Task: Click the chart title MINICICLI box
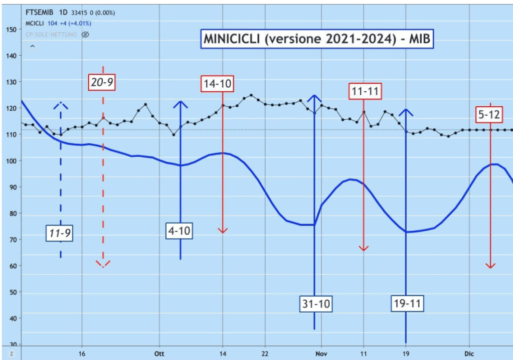tap(316, 39)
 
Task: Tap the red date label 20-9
tap(102, 82)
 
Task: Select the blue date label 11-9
tap(60, 233)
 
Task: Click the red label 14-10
tap(217, 84)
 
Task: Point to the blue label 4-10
tap(180, 231)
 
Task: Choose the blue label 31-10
tap(315, 303)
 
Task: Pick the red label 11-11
tap(365, 91)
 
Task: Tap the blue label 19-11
tap(407, 303)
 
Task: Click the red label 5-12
tap(489, 114)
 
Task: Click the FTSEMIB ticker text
tap(39, 13)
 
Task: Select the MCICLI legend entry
tap(36, 24)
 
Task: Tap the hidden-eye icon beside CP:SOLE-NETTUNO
tap(85, 35)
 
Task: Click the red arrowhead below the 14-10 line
tap(223, 230)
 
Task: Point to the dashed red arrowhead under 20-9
tap(103, 264)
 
